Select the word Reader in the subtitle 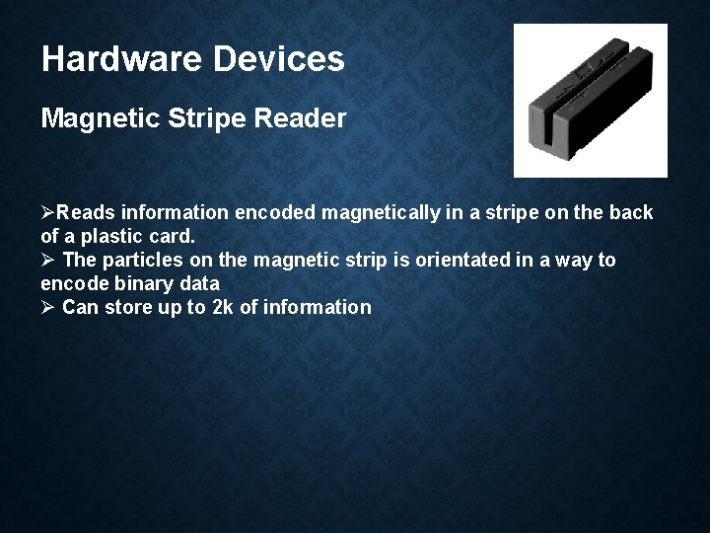tap(305, 119)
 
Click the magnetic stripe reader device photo tap(590, 100)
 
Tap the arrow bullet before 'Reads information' tap(48, 214)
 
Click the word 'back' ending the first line tap(632, 214)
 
